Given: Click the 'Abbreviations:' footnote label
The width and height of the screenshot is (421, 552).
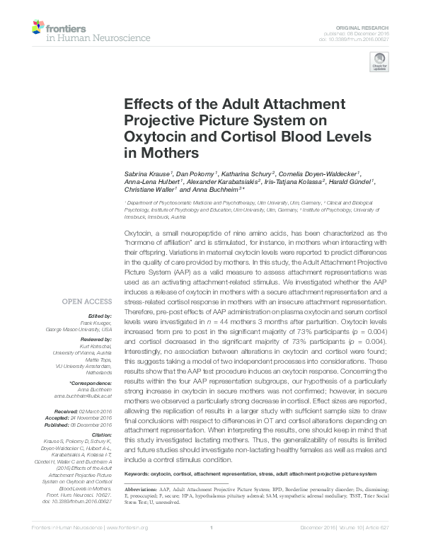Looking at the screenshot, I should coord(141,489).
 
